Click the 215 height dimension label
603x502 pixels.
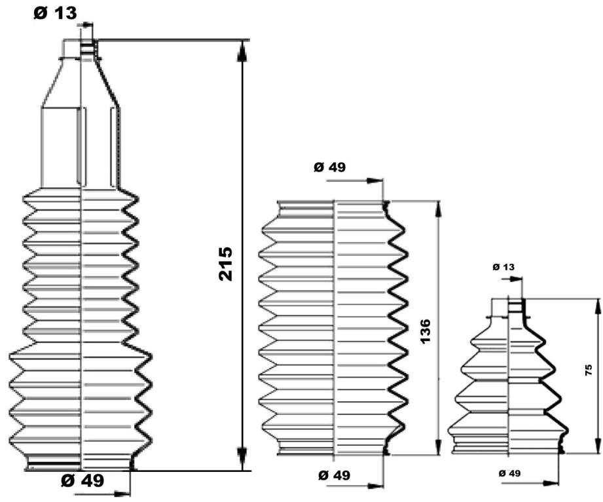point(225,264)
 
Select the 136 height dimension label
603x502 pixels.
point(425,331)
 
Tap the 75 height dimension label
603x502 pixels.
point(589,370)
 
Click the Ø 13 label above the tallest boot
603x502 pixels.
point(56,14)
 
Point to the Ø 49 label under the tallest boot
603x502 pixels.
point(82,480)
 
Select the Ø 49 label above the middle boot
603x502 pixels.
point(329,167)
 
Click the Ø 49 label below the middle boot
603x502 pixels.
point(334,475)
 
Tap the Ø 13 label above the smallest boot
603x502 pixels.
point(503,267)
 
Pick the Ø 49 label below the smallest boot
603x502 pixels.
point(509,473)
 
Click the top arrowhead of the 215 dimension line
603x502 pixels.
point(242,50)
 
